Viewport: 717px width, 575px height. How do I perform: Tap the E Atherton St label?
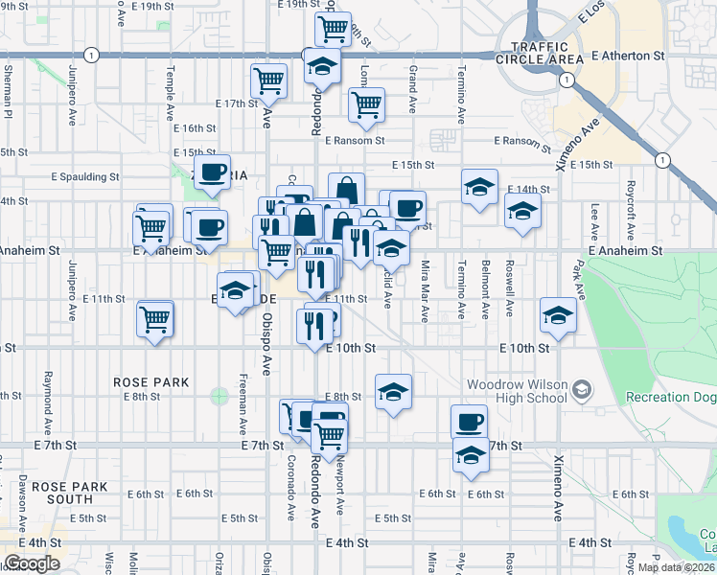pyautogui.click(x=630, y=57)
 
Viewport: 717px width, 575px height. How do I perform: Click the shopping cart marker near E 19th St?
pyautogui.click(x=332, y=28)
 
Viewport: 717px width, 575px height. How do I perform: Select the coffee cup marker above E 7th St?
pyautogui.click(x=469, y=421)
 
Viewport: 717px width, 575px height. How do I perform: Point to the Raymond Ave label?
pyautogui.click(x=46, y=406)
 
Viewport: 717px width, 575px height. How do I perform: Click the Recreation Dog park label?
pyautogui.click(x=670, y=397)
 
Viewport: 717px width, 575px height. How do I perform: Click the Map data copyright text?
pyautogui.click(x=676, y=567)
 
